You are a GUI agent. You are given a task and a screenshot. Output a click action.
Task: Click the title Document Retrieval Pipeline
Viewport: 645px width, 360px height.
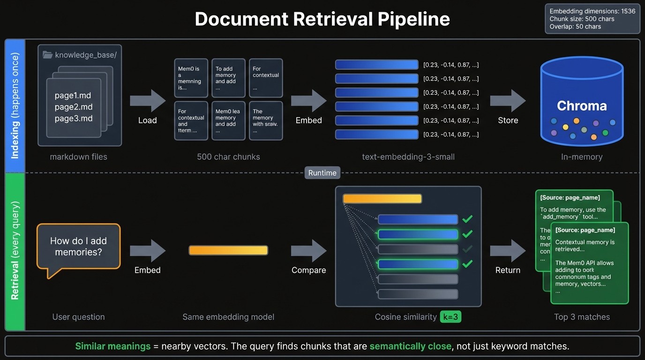pos(322,19)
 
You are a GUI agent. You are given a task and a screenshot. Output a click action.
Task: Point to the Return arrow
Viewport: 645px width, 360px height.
pos(508,251)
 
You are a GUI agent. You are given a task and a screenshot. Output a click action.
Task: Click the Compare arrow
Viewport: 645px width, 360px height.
pos(308,251)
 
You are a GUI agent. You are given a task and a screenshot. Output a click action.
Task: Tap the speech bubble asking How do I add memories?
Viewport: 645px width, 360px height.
pos(78,247)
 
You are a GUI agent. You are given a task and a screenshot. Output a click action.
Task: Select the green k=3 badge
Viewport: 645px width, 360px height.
pos(450,317)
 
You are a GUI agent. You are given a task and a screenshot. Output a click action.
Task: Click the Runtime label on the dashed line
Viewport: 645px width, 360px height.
pos(322,173)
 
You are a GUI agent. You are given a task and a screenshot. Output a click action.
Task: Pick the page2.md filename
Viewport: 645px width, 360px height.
pos(74,107)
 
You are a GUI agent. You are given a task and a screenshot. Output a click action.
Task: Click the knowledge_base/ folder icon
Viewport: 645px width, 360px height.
pos(47,55)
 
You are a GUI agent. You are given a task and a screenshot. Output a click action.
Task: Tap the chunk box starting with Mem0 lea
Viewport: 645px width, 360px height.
pos(228,121)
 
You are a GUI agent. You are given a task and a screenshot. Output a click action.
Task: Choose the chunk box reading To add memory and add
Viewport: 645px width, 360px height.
pos(228,78)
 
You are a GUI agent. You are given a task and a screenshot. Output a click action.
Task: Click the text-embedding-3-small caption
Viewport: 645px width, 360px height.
pos(408,157)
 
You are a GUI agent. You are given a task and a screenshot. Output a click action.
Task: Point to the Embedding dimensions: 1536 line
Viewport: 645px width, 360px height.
pos(592,11)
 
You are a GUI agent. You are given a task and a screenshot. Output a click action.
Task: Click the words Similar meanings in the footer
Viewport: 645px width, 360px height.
pos(112,346)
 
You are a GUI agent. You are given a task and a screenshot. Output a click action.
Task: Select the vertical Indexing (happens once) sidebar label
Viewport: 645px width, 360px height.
pos(15,106)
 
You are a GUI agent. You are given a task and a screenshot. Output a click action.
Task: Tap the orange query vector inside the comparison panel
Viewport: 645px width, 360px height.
pos(382,199)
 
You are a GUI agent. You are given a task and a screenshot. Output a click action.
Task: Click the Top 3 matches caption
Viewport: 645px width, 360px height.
pos(582,317)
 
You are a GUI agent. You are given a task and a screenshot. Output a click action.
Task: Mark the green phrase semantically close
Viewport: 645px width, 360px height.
pos(410,346)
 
